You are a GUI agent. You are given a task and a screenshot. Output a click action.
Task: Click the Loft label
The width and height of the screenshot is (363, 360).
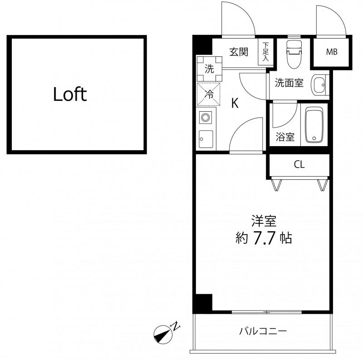click(x=70, y=94)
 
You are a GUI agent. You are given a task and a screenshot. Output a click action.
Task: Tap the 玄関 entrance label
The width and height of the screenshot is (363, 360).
click(x=238, y=52)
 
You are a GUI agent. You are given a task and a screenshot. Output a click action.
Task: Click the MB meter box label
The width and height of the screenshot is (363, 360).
click(x=332, y=52)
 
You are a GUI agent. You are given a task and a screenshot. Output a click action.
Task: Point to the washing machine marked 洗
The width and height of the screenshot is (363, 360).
click(x=209, y=69)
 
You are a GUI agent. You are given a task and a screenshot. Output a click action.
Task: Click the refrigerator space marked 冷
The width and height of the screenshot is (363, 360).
click(x=209, y=94)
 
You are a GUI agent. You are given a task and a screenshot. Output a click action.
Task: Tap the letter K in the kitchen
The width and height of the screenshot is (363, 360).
click(x=235, y=104)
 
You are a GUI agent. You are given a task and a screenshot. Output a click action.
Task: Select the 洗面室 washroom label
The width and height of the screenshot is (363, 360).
click(x=289, y=84)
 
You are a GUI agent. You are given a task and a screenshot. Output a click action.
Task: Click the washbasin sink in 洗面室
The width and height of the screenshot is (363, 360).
click(x=320, y=84)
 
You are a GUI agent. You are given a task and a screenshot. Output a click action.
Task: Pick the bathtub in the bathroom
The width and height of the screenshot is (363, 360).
click(x=314, y=124)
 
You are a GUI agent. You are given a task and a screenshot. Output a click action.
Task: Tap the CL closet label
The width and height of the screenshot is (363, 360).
click(x=299, y=165)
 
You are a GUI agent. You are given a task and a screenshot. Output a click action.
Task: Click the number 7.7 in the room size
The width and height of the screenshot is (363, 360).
click(x=263, y=238)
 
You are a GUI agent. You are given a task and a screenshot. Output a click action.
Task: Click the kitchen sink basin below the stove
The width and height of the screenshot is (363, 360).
click(x=206, y=138)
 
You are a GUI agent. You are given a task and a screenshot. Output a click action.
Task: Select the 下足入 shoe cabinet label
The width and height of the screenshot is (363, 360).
click(x=265, y=52)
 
